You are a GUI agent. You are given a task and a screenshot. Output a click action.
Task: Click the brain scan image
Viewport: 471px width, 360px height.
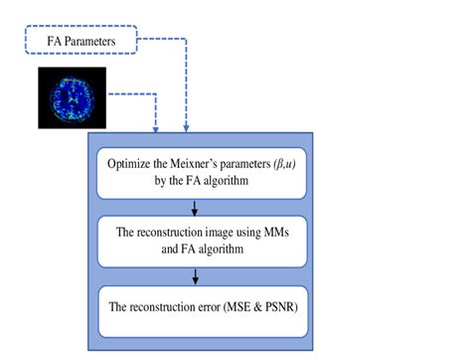coord(72,97)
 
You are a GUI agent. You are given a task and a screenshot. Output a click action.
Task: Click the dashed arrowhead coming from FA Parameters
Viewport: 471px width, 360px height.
coord(186,127)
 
